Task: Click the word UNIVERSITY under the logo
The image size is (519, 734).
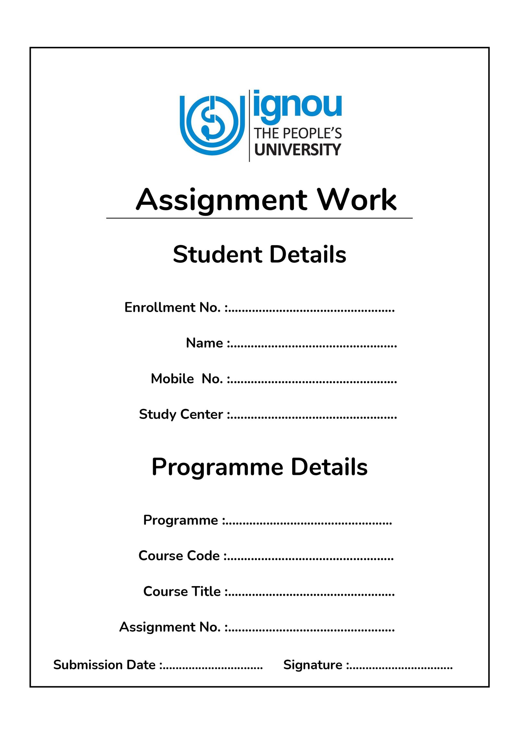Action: (297, 150)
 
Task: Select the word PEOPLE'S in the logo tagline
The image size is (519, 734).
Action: (312, 133)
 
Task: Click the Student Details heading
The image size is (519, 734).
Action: (259, 254)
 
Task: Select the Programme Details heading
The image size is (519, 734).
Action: (259, 467)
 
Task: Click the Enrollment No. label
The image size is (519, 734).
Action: (173, 307)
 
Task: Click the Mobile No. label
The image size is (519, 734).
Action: (187, 379)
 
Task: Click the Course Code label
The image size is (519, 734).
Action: (179, 556)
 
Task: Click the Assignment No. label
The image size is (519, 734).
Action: (170, 627)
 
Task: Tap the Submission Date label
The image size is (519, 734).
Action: (104, 665)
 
